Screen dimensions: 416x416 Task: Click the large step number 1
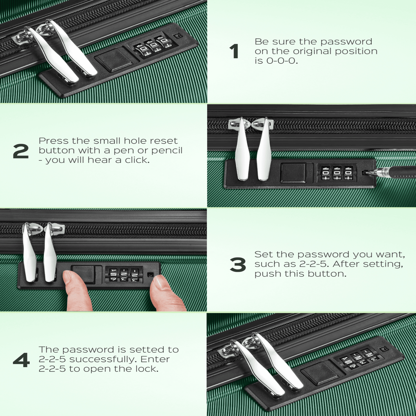(234, 51)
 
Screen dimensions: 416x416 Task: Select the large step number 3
(238, 265)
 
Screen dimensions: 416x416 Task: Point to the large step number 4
(21, 360)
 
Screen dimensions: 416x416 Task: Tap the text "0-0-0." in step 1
(282, 61)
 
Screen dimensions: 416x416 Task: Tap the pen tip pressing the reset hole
(366, 173)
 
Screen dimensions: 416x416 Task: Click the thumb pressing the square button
(77, 290)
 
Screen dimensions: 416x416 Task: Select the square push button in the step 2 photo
(293, 173)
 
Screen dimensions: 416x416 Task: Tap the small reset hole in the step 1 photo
(178, 36)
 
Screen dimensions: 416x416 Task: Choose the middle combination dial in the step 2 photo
(337, 173)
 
